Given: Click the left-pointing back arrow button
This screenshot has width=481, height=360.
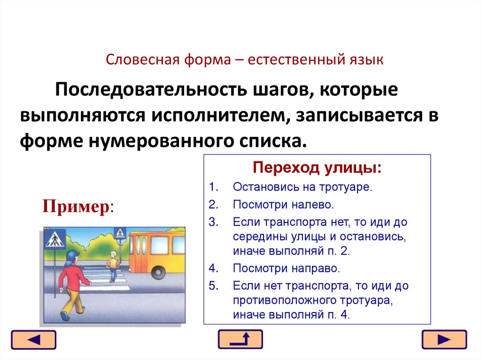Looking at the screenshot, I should tap(33, 339).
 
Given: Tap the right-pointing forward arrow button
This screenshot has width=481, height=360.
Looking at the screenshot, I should tap(444, 339).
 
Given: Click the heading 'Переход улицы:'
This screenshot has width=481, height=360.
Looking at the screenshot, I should tap(317, 168).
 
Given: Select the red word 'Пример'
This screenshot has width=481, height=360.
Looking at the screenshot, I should tap(76, 207).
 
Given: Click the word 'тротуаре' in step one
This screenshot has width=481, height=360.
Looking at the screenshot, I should tap(350, 187).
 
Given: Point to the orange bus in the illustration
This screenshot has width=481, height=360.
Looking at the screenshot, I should tap(157, 252).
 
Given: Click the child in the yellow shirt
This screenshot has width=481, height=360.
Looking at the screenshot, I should tap(113, 265).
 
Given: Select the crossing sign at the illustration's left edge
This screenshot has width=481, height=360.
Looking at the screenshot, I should tap(54, 240).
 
